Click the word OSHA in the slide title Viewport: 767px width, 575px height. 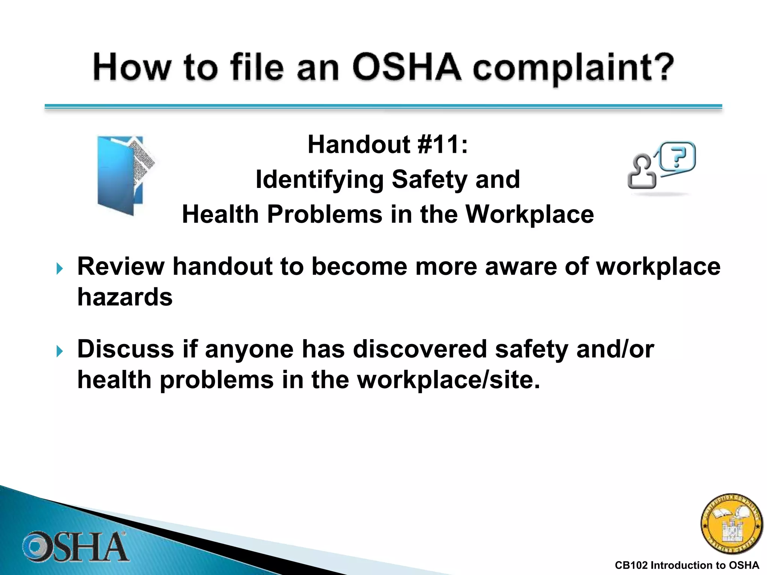(407, 67)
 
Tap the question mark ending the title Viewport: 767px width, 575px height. (662, 67)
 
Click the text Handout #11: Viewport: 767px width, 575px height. (388, 144)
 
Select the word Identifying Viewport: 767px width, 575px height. (319, 180)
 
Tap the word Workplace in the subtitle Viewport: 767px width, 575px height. (529, 215)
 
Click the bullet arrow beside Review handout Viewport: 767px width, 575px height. (60, 268)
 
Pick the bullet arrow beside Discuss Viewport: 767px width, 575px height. (60, 351)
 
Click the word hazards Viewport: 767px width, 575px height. (125, 297)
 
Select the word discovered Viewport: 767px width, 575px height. (419, 349)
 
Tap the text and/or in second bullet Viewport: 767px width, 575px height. (615, 349)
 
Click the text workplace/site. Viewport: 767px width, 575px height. (448, 380)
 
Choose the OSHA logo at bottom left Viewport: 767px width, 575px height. (75, 547)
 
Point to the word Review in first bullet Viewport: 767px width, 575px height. (121, 267)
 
